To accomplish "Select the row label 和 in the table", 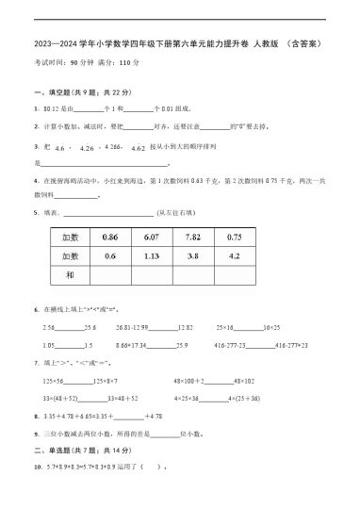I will [x=69, y=274].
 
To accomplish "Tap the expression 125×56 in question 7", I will [x=54, y=381].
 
